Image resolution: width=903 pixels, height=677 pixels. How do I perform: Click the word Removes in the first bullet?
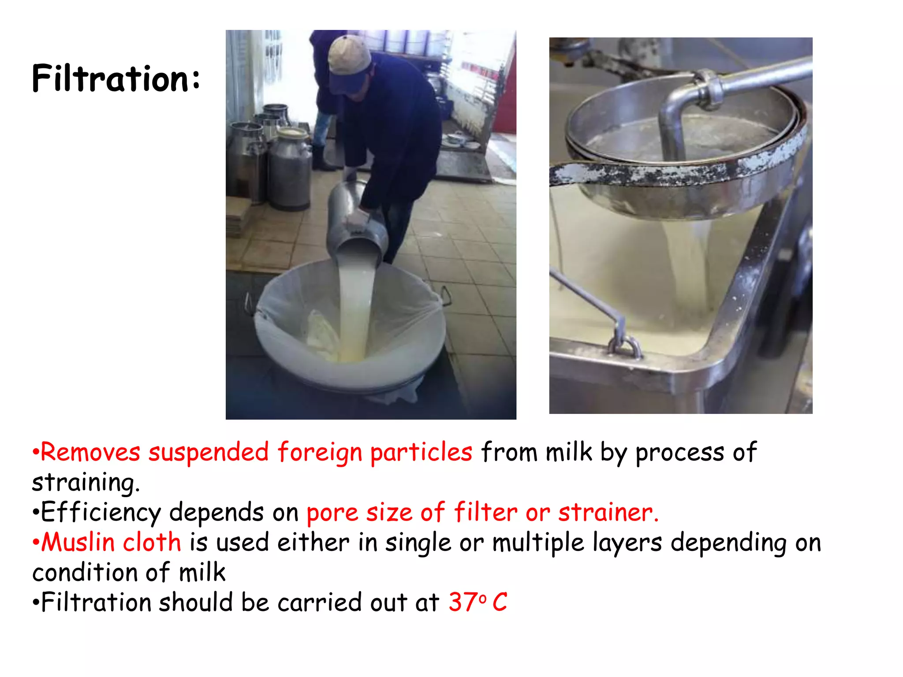pyautogui.click(x=90, y=452)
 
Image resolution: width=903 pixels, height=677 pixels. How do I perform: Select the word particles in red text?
pyautogui.click(x=421, y=453)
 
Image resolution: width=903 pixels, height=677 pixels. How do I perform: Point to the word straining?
pyautogui.click(x=86, y=482)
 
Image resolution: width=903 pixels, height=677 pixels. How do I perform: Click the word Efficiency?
pyautogui.click(x=101, y=513)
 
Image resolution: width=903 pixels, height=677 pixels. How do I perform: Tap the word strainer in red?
pyautogui.click(x=608, y=513)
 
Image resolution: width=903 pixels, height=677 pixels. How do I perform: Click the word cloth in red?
pyautogui.click(x=152, y=542)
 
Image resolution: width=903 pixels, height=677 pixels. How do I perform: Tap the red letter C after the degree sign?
pyautogui.click(x=500, y=602)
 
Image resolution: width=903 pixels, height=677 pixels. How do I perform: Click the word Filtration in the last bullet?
pyautogui.click(x=96, y=603)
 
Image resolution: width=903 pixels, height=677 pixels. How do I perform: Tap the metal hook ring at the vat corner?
pyautogui.click(x=625, y=346)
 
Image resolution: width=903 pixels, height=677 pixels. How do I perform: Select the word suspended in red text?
pyautogui.click(x=208, y=453)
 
